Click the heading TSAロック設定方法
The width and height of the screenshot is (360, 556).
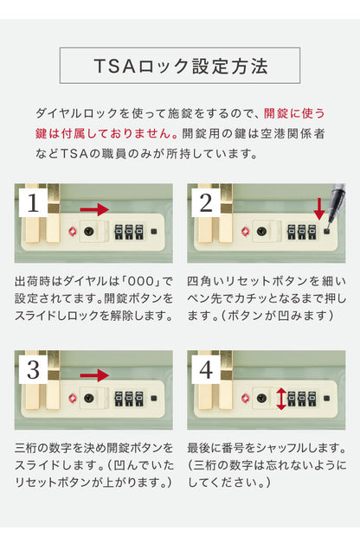180,67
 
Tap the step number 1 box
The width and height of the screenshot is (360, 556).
33,203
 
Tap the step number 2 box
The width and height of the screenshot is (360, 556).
206,203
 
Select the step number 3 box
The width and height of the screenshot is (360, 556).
33,370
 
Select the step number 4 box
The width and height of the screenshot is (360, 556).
206,370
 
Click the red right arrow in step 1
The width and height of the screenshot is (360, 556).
95,209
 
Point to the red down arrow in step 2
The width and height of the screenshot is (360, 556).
319,208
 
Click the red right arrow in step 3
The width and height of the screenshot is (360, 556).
95,375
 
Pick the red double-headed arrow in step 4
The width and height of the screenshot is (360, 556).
281,399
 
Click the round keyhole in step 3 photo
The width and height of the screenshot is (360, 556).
90,399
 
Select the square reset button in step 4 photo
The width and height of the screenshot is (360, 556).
326,399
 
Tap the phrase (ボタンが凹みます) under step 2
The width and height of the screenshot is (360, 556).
277,316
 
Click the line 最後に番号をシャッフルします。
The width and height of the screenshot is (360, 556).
267,449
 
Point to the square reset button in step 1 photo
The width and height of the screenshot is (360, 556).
153,232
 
